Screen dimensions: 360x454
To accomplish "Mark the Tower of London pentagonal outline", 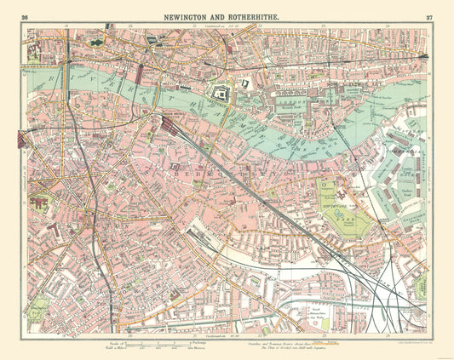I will [x=221, y=94].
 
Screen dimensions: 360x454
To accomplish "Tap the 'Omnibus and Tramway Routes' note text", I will [x=264, y=340].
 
